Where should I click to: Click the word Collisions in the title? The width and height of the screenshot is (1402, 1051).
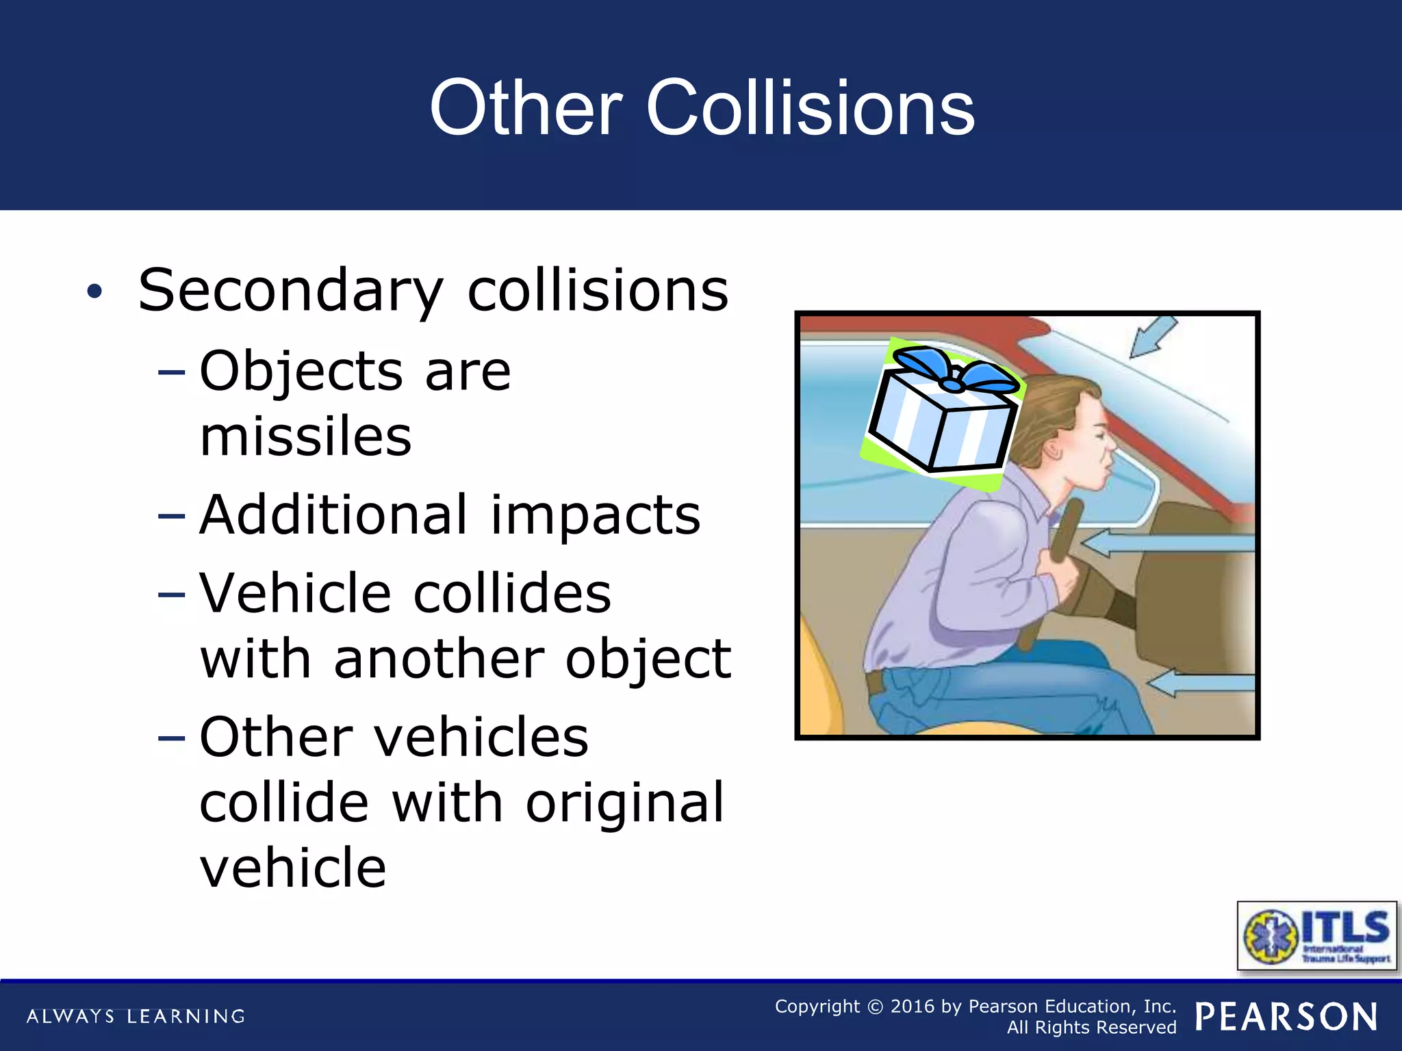[x=811, y=108]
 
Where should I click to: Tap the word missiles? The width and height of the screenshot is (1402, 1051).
[x=305, y=437]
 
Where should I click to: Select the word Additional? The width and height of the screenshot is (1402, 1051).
[x=334, y=515]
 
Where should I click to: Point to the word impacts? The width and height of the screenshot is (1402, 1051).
[x=596, y=516]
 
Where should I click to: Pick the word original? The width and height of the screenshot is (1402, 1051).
[x=624, y=802]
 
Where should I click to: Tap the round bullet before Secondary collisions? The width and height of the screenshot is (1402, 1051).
[x=94, y=292]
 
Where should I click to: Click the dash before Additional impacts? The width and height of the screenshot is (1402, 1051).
[x=171, y=516]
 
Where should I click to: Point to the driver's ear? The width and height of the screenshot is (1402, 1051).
[x=1052, y=452]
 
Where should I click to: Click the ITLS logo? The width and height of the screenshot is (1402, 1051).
[x=1316, y=935]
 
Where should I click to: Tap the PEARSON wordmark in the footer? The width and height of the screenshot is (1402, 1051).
[x=1286, y=1017]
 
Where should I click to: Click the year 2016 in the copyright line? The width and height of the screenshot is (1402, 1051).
[x=912, y=1007]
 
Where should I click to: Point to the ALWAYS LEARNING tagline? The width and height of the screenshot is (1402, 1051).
[x=136, y=1016]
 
